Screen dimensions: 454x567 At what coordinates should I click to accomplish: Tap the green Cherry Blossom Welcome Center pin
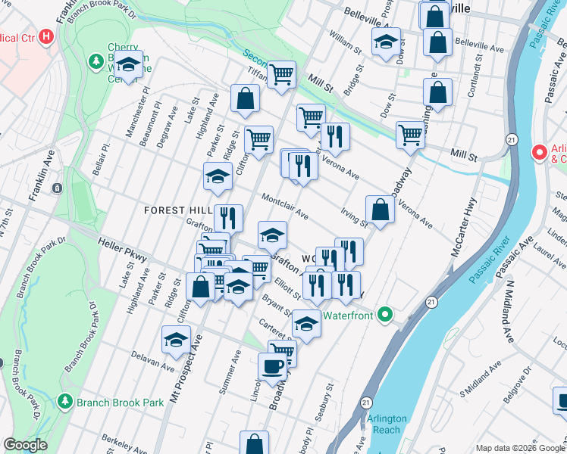[x=96, y=59]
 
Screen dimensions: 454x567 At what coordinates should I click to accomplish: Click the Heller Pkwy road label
[x=122, y=250]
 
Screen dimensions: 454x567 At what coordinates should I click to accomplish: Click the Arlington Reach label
[x=387, y=424]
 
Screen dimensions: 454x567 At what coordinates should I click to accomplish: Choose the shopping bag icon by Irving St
[x=380, y=210]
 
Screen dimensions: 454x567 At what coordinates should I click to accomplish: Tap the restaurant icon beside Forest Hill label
[x=228, y=219]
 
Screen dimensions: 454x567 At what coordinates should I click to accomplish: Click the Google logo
[x=25, y=445]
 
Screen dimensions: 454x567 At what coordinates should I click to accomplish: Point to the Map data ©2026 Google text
[x=520, y=448]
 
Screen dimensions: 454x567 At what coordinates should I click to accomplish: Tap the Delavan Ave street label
[x=152, y=362]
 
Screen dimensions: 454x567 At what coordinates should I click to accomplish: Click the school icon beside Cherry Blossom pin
[x=129, y=66]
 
